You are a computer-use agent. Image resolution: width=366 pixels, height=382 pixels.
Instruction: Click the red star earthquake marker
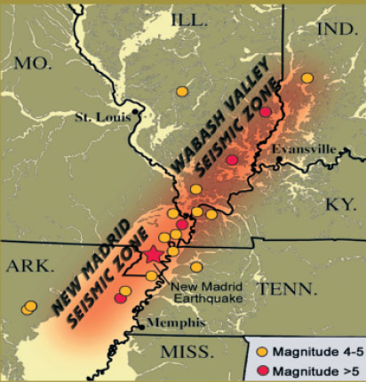tap(154, 254)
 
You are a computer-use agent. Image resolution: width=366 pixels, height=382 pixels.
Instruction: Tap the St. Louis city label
tap(100, 115)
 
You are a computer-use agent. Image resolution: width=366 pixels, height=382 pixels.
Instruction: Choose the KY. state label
tap(340, 203)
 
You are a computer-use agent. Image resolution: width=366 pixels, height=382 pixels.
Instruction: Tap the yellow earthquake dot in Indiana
tap(307, 78)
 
